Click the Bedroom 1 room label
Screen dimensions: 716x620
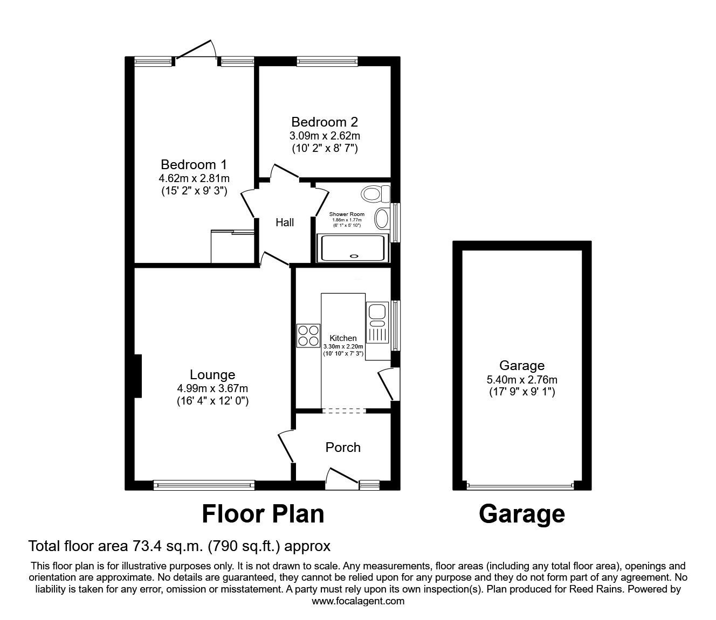pyautogui.click(x=194, y=164)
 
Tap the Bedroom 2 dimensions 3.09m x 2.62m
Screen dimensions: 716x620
pyautogui.click(x=325, y=136)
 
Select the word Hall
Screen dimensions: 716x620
pyautogui.click(x=285, y=222)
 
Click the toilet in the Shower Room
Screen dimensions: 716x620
pyautogui.click(x=375, y=193)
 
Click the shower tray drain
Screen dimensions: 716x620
pyautogui.click(x=354, y=256)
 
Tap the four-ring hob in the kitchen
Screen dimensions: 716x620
pyautogui.click(x=308, y=336)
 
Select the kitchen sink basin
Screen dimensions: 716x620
pyautogui.click(x=377, y=310)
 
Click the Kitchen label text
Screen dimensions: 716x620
pyautogui.click(x=343, y=338)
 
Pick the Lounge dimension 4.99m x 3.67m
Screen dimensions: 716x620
pyautogui.click(x=212, y=388)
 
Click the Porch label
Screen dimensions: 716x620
pyautogui.click(x=343, y=448)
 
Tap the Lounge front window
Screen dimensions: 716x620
pyautogui.click(x=204, y=485)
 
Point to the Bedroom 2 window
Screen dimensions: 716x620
pyautogui.click(x=327, y=61)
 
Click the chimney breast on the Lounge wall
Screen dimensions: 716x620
pyautogui.click(x=138, y=376)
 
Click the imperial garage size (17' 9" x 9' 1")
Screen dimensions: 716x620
pyautogui.click(x=522, y=392)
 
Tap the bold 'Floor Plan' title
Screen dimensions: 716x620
pyautogui.click(x=263, y=514)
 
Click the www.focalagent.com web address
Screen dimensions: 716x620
pyautogui.click(x=358, y=601)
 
